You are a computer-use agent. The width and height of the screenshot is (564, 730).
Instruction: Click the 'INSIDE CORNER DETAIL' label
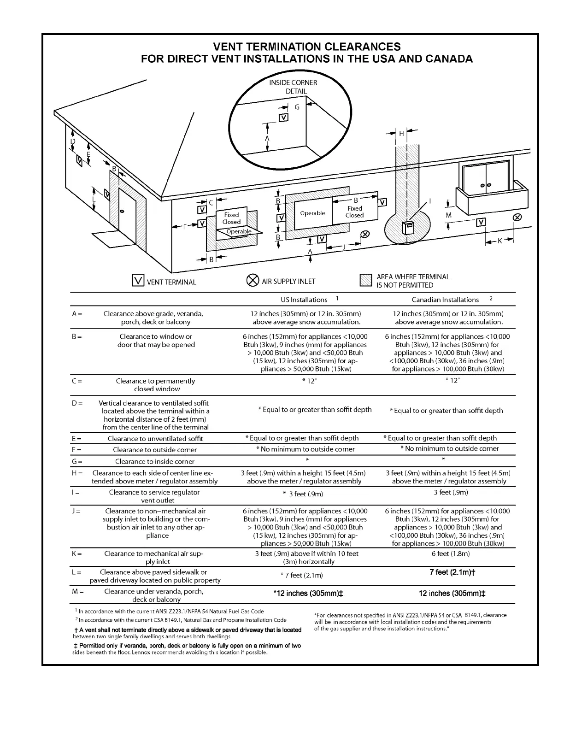[293, 87]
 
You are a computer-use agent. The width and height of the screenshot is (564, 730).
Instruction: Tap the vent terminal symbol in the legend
[138, 280]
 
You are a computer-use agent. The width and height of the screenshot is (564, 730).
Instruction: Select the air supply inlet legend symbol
[253, 280]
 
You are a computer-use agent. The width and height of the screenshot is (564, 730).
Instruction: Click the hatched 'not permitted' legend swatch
[366, 280]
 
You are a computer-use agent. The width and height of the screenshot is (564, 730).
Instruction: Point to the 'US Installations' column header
[304, 300]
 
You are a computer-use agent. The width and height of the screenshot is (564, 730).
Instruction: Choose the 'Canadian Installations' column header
[445, 300]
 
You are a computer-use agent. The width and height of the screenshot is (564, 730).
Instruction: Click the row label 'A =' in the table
[77, 314]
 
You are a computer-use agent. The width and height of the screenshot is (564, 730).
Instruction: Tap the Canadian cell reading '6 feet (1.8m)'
[450, 553]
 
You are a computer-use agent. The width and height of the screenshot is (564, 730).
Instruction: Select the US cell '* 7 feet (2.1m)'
[302, 575]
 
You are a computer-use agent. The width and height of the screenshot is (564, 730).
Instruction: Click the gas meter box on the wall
[407, 228]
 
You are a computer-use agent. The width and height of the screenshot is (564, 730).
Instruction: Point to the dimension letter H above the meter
[401, 134]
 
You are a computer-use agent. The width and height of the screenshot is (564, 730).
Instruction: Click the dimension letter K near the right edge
[500, 241]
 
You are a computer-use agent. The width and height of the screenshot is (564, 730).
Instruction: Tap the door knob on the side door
[122, 211]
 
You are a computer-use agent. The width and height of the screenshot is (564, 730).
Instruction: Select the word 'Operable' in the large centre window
[312, 213]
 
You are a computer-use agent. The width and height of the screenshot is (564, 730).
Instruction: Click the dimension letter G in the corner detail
[297, 107]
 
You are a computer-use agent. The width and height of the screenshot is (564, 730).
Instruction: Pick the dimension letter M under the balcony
[449, 215]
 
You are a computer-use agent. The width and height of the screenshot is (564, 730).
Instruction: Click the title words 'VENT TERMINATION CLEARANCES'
[307, 47]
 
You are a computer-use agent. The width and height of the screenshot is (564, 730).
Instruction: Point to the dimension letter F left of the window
[185, 226]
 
